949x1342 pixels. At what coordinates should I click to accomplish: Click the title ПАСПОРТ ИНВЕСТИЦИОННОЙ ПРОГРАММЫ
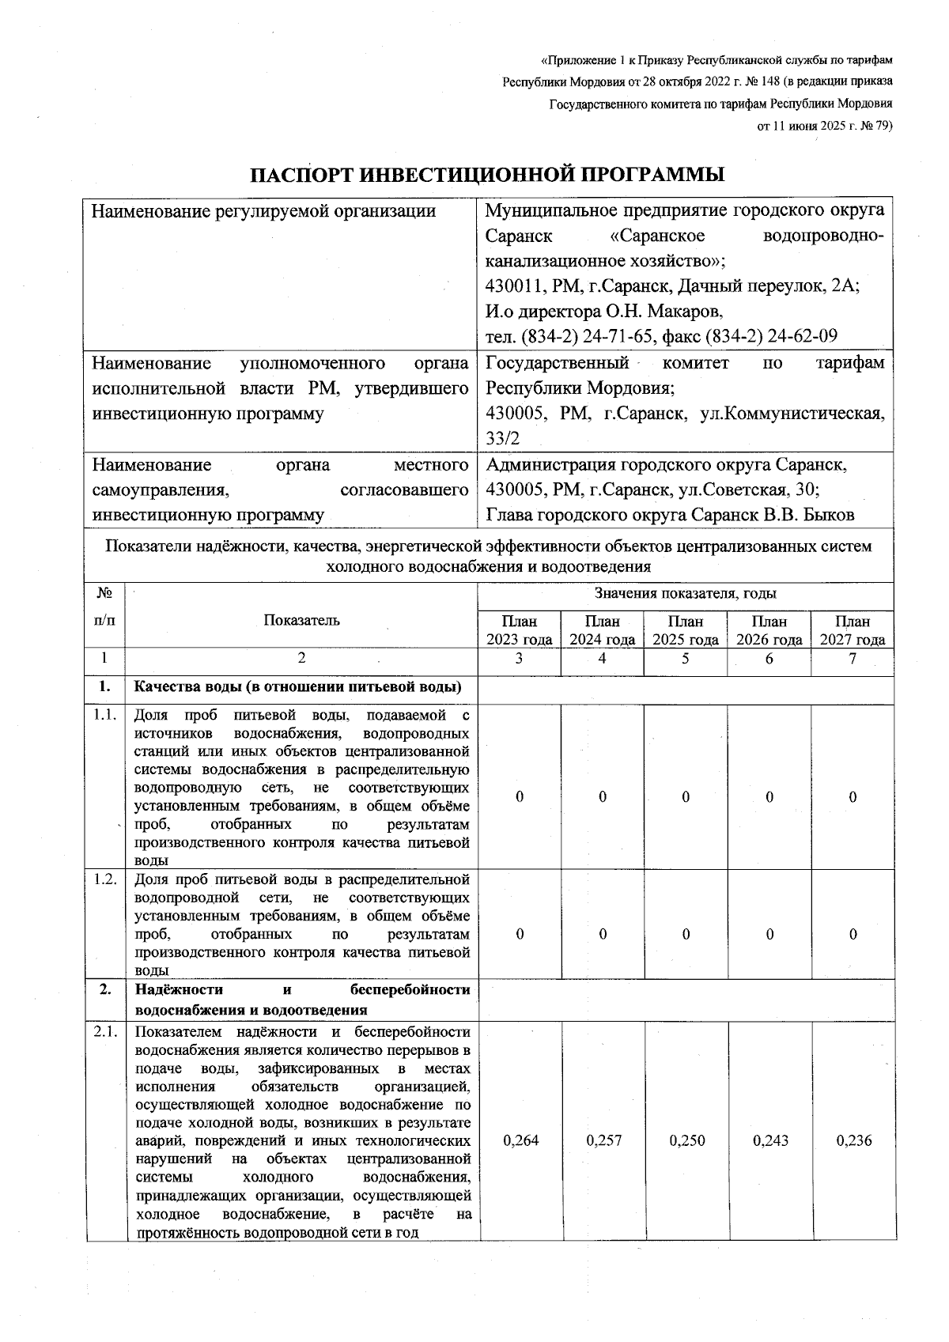pyautogui.click(x=487, y=174)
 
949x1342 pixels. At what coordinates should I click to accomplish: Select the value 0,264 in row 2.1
pyautogui.click(x=520, y=1140)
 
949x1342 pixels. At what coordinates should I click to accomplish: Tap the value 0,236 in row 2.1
pyautogui.click(x=853, y=1140)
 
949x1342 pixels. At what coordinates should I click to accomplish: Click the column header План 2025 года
pyautogui.click(x=686, y=630)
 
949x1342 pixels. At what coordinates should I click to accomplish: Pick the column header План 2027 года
pyautogui.click(x=853, y=630)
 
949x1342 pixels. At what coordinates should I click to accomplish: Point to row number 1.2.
pyautogui.click(x=105, y=879)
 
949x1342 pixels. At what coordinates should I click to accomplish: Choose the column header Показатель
pyautogui.click(x=301, y=620)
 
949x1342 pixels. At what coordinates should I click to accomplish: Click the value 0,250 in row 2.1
pyautogui.click(x=686, y=1140)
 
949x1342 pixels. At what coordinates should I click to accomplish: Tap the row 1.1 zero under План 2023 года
pyautogui.click(x=520, y=797)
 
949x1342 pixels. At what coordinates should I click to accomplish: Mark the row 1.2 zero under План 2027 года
pyautogui.click(x=853, y=934)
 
